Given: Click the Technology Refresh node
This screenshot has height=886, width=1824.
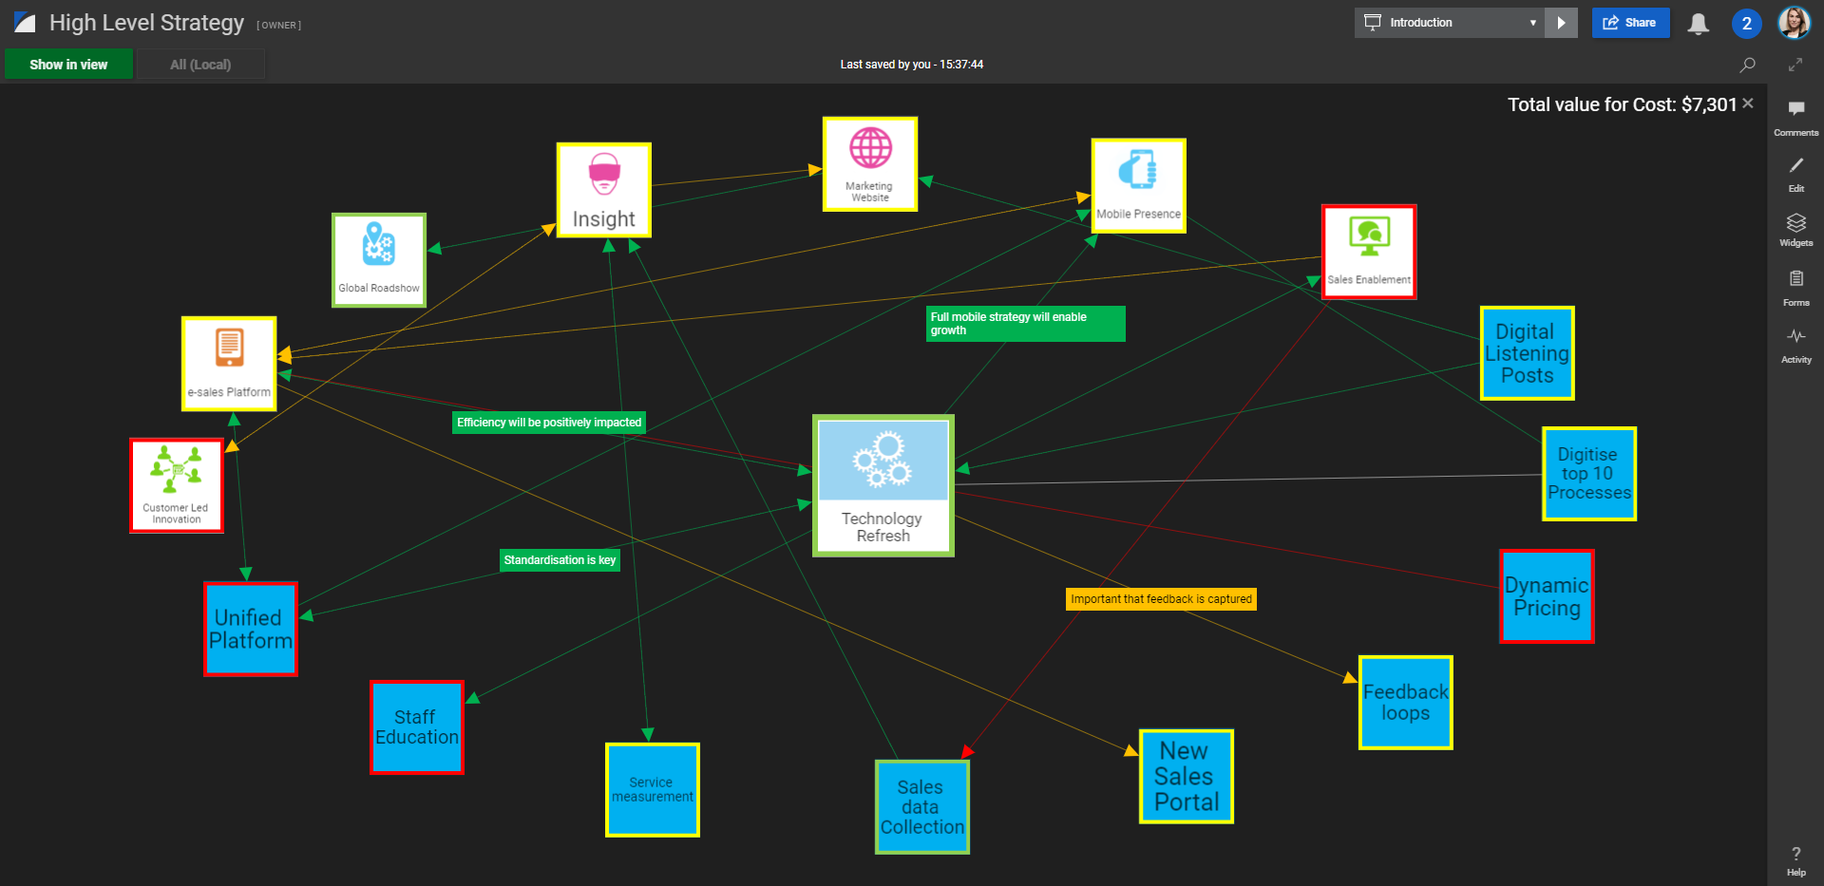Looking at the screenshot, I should [x=883, y=485].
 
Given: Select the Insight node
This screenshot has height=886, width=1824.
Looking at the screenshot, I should [x=604, y=190].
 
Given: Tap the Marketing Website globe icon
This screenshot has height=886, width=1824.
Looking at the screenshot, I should [x=870, y=148].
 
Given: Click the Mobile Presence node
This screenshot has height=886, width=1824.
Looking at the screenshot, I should [x=1138, y=186].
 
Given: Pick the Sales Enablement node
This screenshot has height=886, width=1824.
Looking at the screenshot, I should [x=1369, y=252].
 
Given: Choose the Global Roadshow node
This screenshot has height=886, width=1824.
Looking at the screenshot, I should [x=379, y=260].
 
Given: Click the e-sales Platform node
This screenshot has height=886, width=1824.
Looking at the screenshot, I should [x=229, y=364].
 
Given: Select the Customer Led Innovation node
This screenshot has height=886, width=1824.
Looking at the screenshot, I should [x=177, y=485].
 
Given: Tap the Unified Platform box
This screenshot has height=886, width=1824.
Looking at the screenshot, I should [x=251, y=629].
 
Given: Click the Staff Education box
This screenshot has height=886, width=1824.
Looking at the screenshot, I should [x=417, y=727].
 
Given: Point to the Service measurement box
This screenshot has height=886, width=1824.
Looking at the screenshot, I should [x=653, y=790].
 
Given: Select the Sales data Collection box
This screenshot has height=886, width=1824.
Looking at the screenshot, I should [x=921, y=807].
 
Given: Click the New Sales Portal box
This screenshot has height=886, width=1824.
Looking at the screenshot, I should [x=1187, y=777].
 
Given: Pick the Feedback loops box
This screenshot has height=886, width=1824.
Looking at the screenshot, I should [x=1405, y=703].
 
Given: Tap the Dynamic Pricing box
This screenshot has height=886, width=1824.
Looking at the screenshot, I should [x=1547, y=596].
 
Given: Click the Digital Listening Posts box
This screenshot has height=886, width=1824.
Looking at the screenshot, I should [x=1527, y=353].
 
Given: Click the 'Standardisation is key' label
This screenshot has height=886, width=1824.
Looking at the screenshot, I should [x=560, y=560].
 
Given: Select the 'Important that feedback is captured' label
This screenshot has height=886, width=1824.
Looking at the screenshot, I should [x=1161, y=599].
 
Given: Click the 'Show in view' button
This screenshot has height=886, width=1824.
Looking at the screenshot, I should [x=68, y=65].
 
